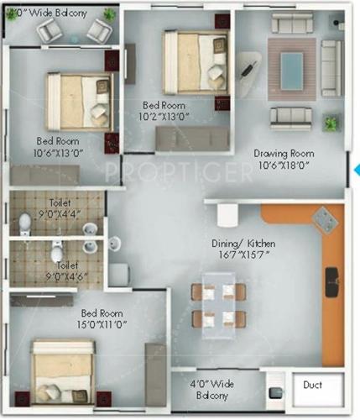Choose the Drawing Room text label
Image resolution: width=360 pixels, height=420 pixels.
[285, 154]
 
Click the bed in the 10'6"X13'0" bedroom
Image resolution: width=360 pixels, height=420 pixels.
[80, 100]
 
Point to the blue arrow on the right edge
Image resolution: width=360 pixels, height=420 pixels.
[356, 170]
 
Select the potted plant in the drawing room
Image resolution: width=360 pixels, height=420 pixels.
[331, 123]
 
